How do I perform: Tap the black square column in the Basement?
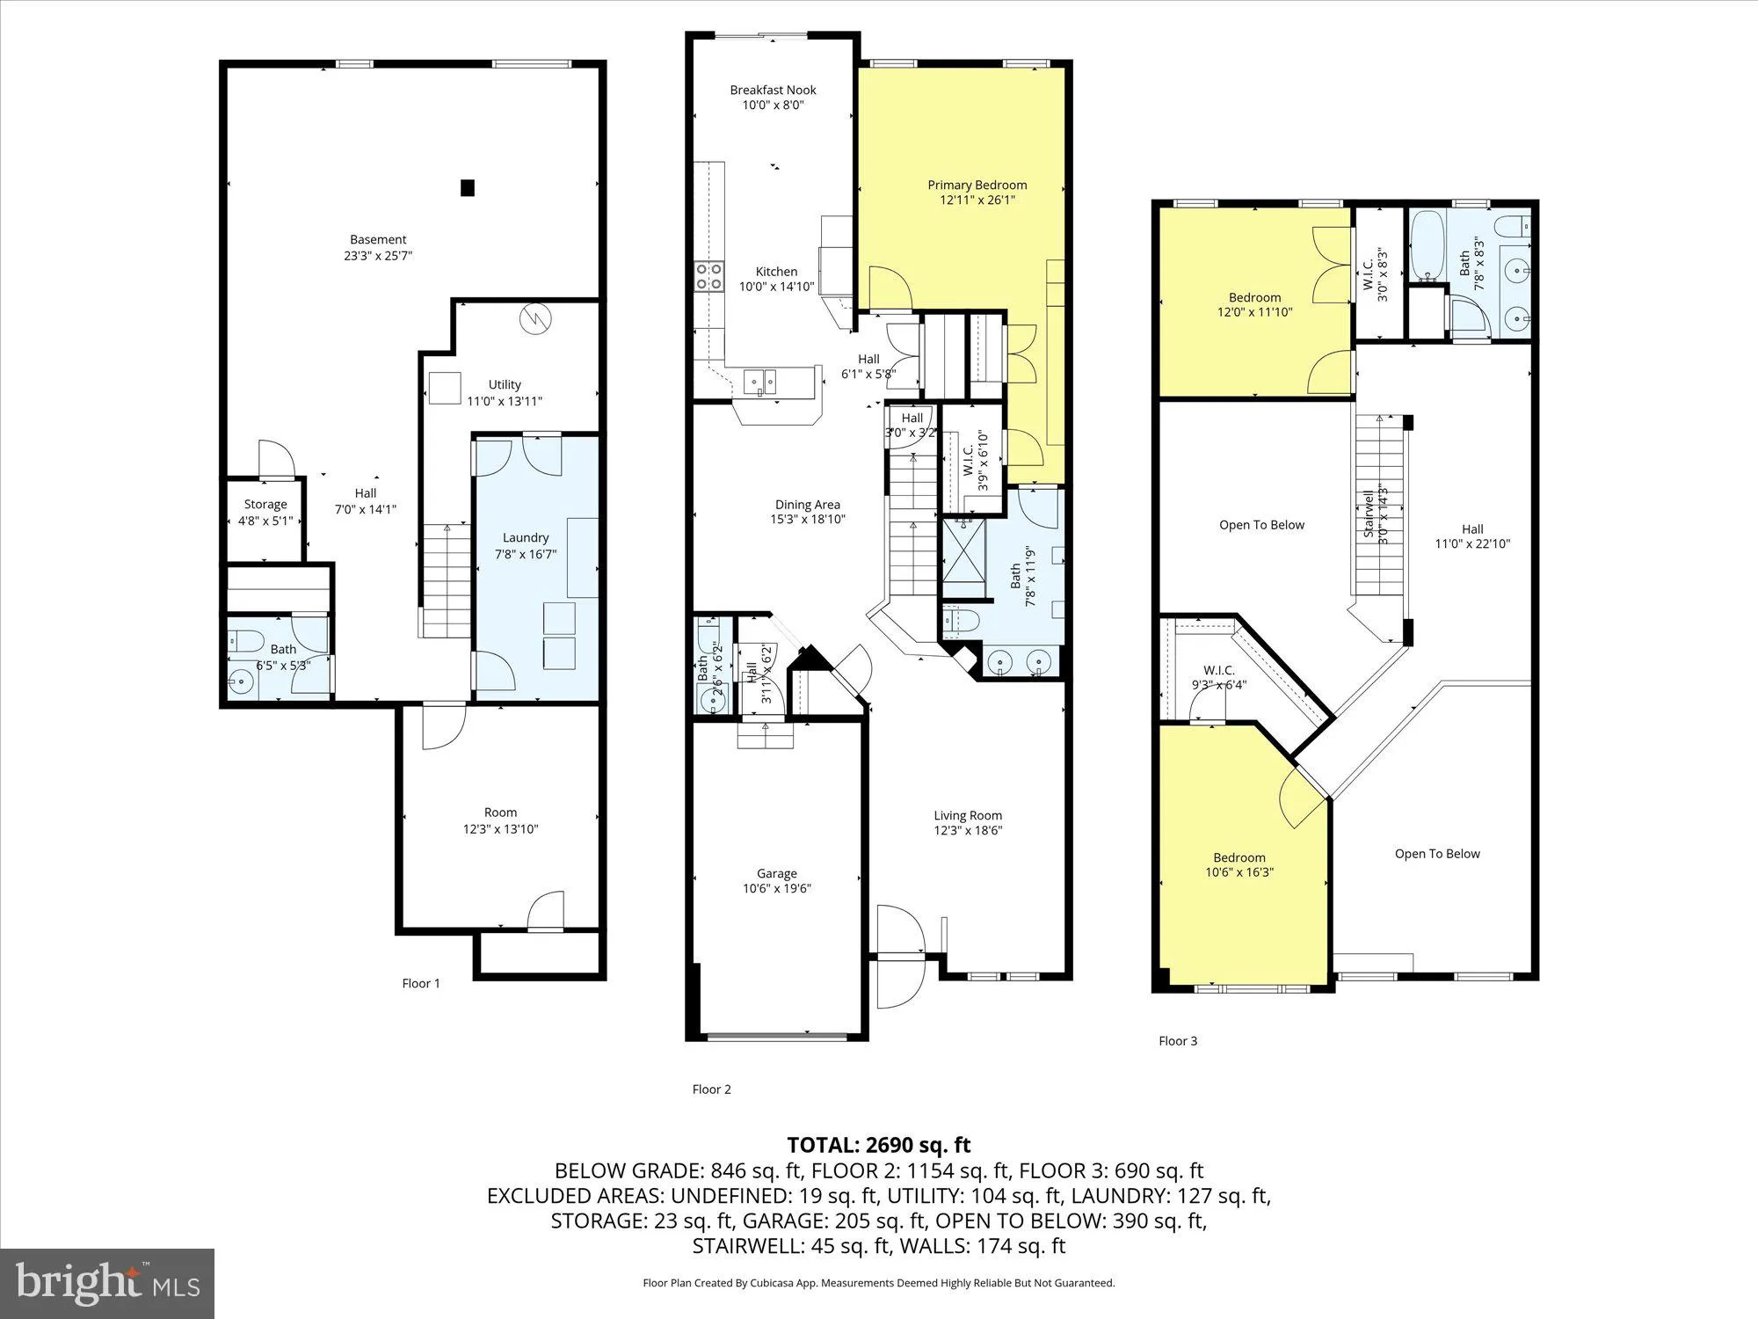pos(468,187)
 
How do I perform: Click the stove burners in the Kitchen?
pos(708,276)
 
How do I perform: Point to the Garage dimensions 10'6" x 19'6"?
pos(777,888)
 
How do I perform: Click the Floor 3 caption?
pos(1178,1040)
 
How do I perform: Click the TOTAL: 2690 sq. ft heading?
pos(878,1145)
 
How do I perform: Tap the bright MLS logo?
pos(108,1283)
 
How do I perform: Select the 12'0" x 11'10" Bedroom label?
pos(1254,304)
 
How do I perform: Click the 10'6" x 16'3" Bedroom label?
pos(1239,864)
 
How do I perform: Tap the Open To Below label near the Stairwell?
pos(1261,525)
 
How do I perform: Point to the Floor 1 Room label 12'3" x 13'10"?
pos(500,820)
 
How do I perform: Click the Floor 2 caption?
pos(711,1089)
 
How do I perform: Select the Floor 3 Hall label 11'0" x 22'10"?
pos(1472,536)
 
